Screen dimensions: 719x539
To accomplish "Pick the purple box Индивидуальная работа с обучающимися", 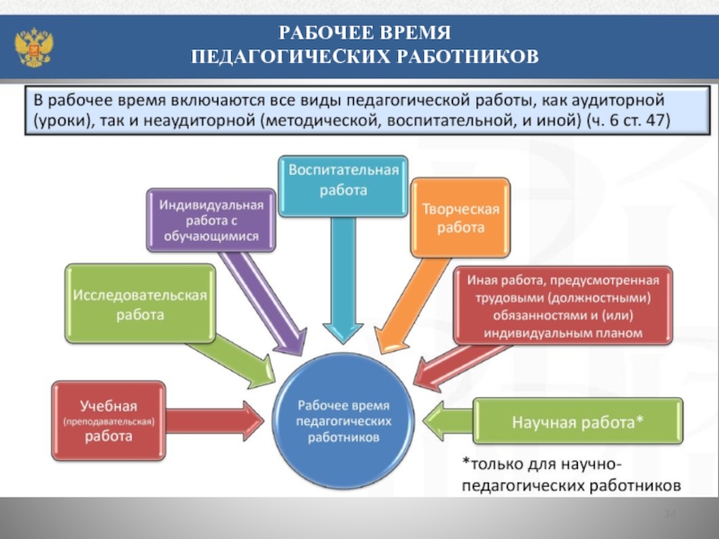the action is (211, 221).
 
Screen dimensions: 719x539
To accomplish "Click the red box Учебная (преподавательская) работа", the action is (109, 414).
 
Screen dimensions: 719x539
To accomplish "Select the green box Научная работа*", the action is (578, 420).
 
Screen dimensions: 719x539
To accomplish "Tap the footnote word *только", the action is (489, 464).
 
